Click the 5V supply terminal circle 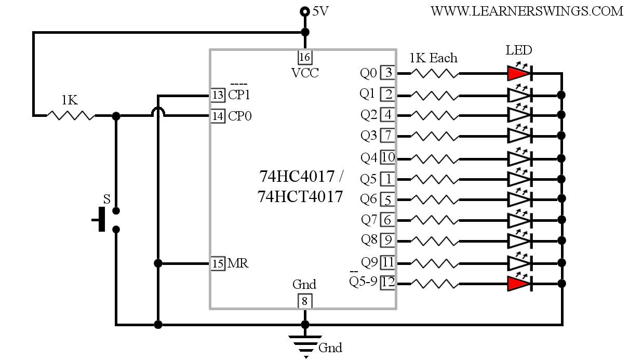305,11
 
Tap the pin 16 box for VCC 305,57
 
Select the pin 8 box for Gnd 305,301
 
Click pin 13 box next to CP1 218,95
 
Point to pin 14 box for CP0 218,116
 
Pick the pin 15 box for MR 218,263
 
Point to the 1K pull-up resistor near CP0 71,115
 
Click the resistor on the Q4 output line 435,159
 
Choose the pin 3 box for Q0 388,73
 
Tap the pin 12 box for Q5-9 388,282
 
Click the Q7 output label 369,220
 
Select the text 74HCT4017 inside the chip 300,196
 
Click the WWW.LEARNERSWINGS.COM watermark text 527,11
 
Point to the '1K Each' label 434,58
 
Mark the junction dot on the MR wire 158,263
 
